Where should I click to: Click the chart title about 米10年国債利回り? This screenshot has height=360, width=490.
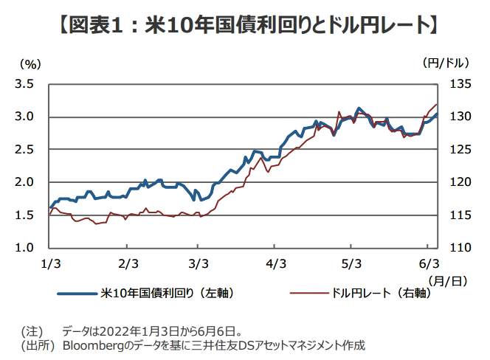(245, 26)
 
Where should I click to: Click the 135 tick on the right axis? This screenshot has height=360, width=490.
(457, 84)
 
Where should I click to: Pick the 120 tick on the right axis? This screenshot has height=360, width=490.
(457, 182)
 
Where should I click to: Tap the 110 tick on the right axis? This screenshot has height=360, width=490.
(457, 247)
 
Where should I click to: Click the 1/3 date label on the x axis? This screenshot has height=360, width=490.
(49, 263)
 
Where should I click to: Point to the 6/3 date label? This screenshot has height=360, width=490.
(429, 263)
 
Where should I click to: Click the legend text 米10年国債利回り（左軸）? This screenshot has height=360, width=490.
(167, 293)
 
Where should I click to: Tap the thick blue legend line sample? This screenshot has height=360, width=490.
(77, 294)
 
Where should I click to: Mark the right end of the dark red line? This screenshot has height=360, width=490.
(437, 105)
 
